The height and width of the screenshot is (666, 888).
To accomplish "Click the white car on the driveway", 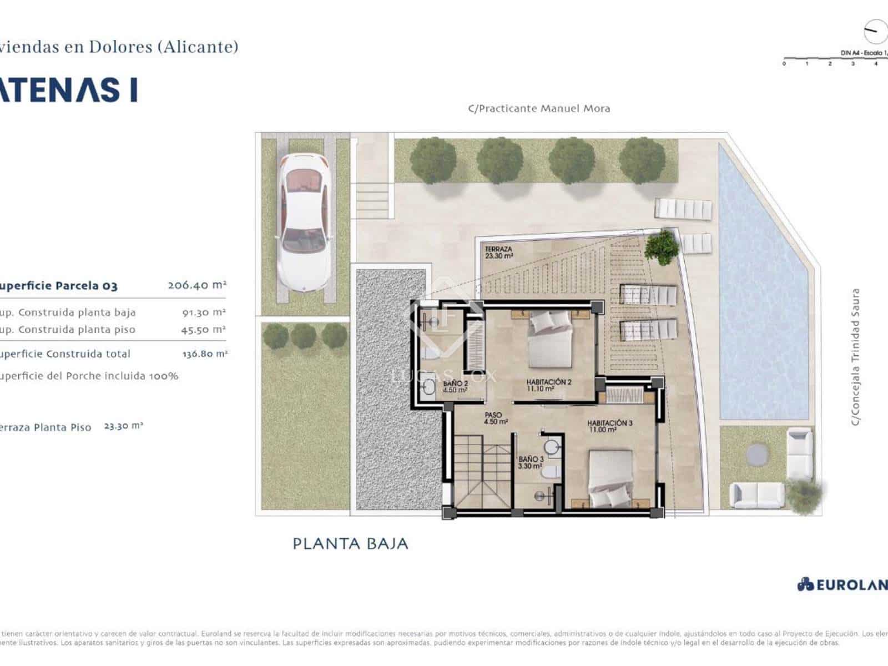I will coord(305,222).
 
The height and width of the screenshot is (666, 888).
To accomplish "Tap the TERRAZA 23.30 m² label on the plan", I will coord(498,253).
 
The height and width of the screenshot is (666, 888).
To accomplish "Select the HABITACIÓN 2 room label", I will coord(548,385).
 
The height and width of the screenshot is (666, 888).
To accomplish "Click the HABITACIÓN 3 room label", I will coord(609,426).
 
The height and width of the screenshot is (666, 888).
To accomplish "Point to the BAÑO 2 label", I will coord(455,387).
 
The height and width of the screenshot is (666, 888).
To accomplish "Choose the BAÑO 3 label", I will coord(531,463).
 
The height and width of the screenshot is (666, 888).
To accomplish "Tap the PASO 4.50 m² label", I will coord(495,418).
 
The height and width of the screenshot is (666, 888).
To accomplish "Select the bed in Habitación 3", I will coord(610,478).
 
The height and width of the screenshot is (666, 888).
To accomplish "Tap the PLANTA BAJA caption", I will coord(350,543).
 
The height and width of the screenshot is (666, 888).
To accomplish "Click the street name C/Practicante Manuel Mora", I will coord(538,109).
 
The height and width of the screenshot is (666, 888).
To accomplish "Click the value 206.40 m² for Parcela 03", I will coord(197,285).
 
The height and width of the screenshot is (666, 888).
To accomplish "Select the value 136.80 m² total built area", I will coord(204,354).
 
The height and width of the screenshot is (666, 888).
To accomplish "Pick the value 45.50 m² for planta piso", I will coord(203,330).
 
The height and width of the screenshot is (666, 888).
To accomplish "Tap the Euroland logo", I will coord(842,584).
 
